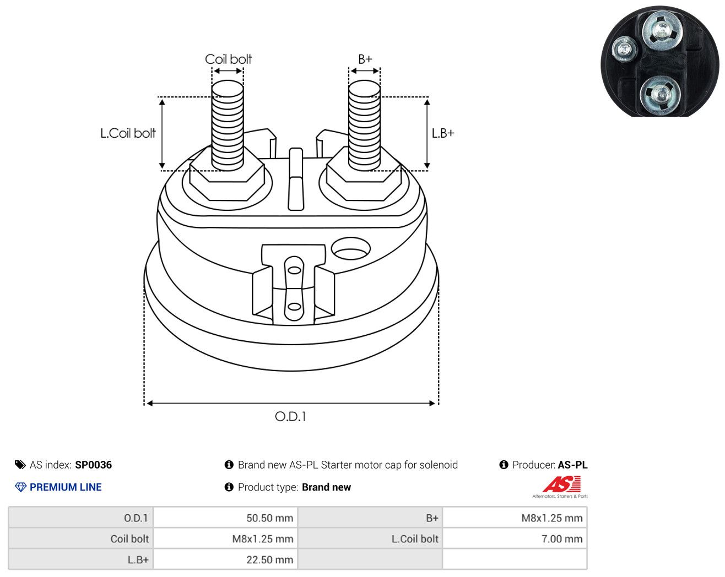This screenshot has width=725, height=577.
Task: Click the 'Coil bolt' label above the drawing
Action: [228, 59]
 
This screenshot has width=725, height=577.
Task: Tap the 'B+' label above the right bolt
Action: [365, 59]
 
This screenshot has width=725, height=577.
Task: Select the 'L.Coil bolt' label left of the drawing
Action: [128, 133]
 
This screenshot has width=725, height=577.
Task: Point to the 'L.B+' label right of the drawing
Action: [443, 133]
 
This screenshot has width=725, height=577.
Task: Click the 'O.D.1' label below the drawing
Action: [290, 417]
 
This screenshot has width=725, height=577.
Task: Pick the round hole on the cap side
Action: [351, 248]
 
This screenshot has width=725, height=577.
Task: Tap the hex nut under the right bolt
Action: [364, 178]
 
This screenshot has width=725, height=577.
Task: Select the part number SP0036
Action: [93, 465]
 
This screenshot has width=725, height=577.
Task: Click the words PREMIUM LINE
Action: [66, 487]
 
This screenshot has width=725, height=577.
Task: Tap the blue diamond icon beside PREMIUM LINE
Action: [20, 487]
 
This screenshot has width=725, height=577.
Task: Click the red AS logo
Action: [561, 484]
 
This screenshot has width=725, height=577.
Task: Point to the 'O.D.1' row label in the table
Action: [136, 518]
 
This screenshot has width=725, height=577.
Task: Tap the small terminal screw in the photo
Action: [624, 49]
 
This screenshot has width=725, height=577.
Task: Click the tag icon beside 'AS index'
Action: [20, 465]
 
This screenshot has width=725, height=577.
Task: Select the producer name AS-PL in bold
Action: [572, 465]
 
